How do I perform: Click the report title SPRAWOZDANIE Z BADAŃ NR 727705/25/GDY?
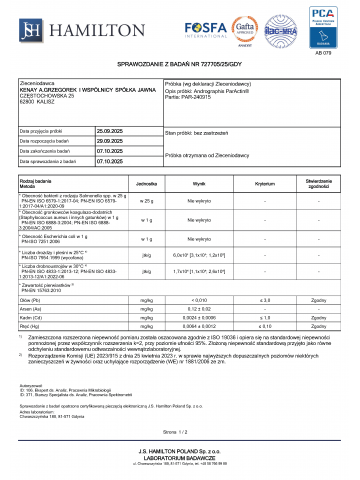(x=180, y=65)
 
